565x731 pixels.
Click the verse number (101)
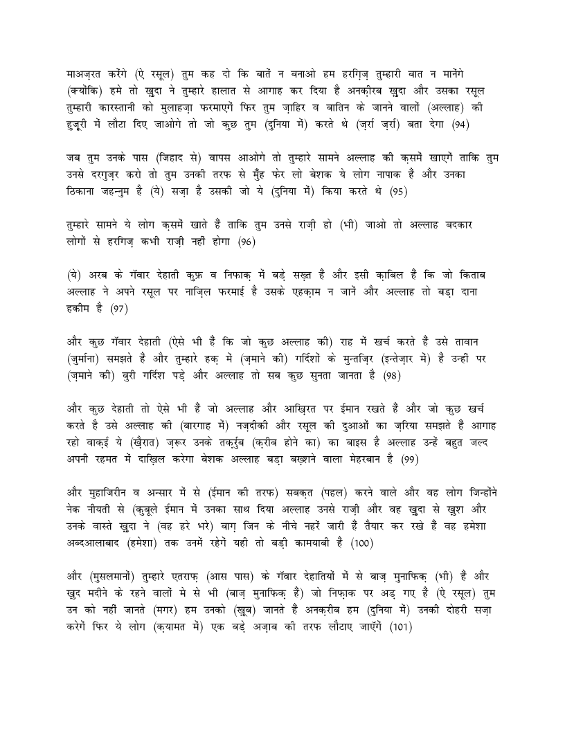[400, 627]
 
